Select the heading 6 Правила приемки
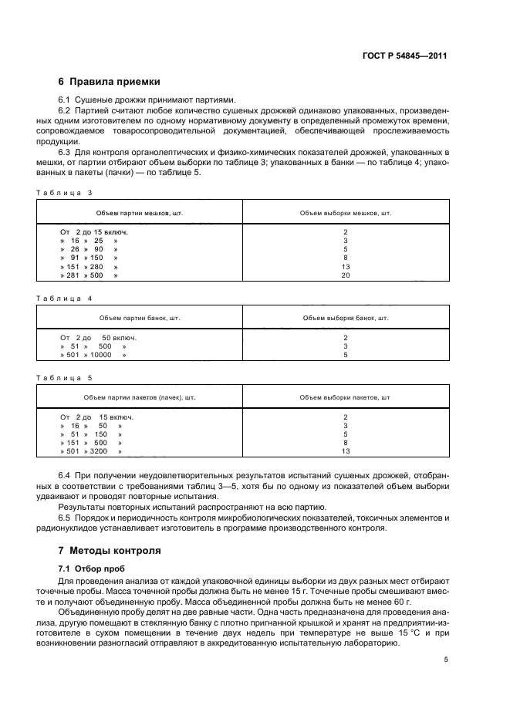pyautogui.click(x=110, y=81)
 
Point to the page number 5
pyautogui.click(x=446, y=660)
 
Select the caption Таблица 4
pyautogui.click(x=65, y=298)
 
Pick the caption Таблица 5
pyautogui.click(x=65, y=378)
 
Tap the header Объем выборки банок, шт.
pyautogui.click(x=346, y=318)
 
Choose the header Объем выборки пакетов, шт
pyautogui.click(x=346, y=398)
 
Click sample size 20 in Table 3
pyautogui.click(x=346, y=275)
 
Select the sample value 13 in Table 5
pyautogui.click(x=346, y=451)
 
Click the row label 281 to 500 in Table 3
pyautogui.click(x=90, y=275)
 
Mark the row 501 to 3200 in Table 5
pyautogui.click(x=91, y=451)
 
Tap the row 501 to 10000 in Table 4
pyautogui.click(x=93, y=355)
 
